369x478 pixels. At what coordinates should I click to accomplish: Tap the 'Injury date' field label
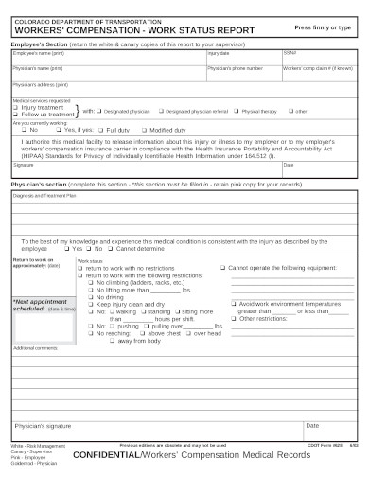coord(219,53)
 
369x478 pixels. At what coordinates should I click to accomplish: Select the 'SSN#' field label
coord(290,53)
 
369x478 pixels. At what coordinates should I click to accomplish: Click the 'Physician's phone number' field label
coord(233,68)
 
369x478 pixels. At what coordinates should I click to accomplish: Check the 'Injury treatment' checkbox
coord(16,106)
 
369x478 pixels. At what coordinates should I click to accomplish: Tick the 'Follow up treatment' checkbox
coord(16,113)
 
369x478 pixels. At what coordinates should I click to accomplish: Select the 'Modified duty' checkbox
coord(145,129)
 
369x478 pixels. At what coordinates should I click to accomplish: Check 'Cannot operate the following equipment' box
coord(223,268)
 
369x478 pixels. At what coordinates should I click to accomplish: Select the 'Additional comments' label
coord(34,348)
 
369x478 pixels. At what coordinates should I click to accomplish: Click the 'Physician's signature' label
coord(46,426)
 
